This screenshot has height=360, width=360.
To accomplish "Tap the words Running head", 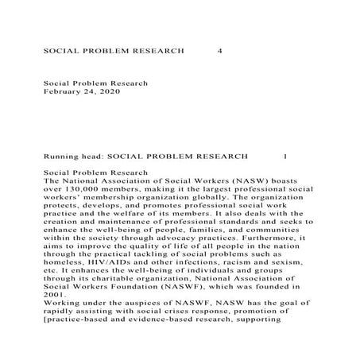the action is click(72, 156).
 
